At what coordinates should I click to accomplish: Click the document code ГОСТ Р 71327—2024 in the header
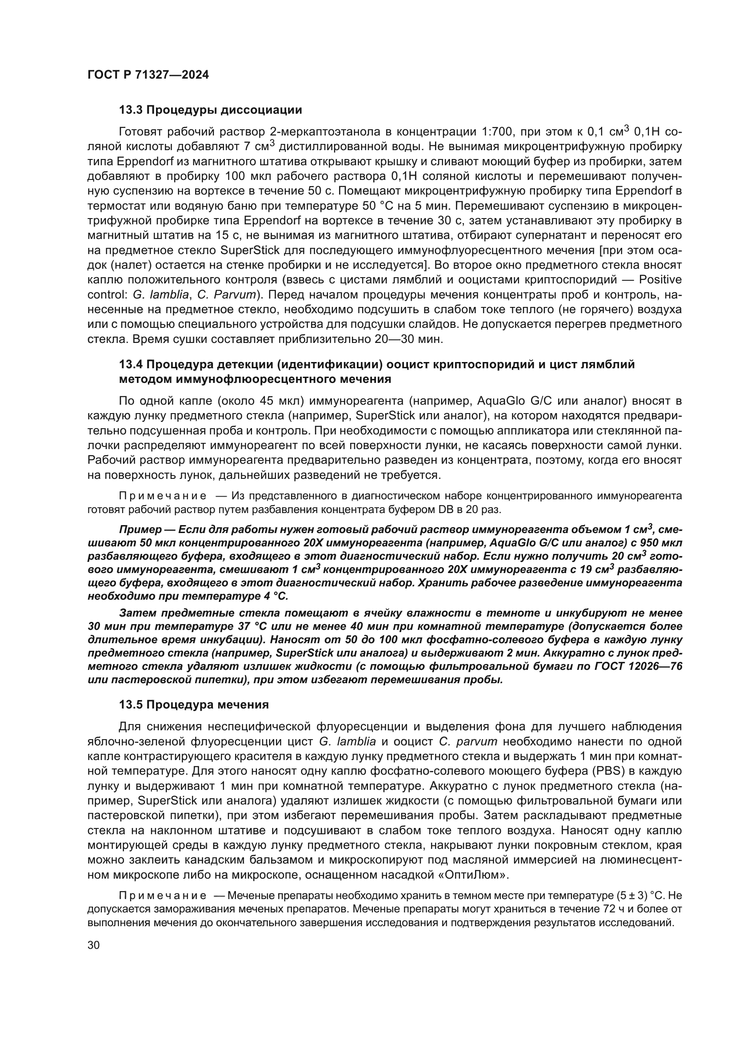pos(148,75)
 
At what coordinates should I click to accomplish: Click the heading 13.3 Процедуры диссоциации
pos(211,110)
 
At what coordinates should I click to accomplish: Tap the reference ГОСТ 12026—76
pos(633,666)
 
